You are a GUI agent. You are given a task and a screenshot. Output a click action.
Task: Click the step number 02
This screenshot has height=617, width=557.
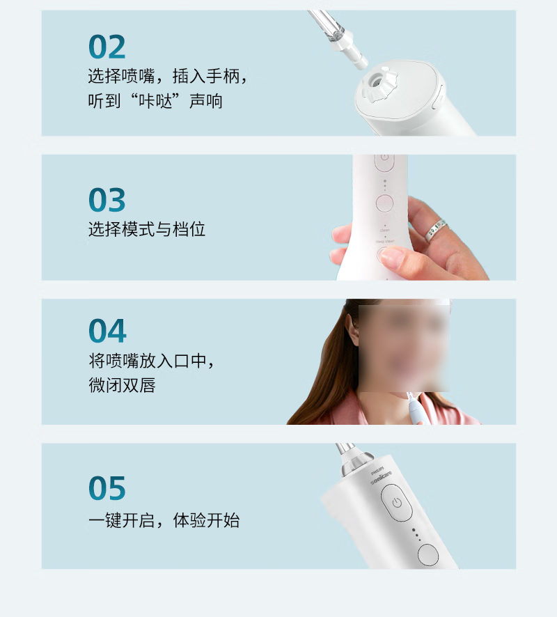point(107,47)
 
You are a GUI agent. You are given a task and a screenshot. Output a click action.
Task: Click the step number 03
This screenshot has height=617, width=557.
point(107,200)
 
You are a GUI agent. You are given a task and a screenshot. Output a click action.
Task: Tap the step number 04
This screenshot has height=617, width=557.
point(107,331)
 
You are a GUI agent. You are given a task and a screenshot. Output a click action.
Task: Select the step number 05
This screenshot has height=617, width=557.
point(107,489)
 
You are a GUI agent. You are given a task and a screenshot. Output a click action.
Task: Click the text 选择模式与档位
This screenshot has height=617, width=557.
point(147,229)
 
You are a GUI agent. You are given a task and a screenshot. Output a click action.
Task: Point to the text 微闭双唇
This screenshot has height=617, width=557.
point(122,385)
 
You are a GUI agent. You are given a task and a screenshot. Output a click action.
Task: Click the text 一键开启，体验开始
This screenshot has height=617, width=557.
point(164,520)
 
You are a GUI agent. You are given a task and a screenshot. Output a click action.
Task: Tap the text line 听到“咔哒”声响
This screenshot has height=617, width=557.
point(155,100)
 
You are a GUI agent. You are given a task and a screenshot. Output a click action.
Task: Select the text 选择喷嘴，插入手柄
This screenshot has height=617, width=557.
point(167,75)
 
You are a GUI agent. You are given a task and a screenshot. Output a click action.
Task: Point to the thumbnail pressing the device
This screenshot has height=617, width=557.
point(391,258)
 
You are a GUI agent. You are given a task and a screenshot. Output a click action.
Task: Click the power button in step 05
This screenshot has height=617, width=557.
point(396,503)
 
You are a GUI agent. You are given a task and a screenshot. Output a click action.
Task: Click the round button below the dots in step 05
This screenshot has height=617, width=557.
point(427,554)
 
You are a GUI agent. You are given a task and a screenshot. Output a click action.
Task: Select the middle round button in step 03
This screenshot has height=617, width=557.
point(384,203)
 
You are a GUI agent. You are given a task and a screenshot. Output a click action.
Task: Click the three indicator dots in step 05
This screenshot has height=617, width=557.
point(416,533)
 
